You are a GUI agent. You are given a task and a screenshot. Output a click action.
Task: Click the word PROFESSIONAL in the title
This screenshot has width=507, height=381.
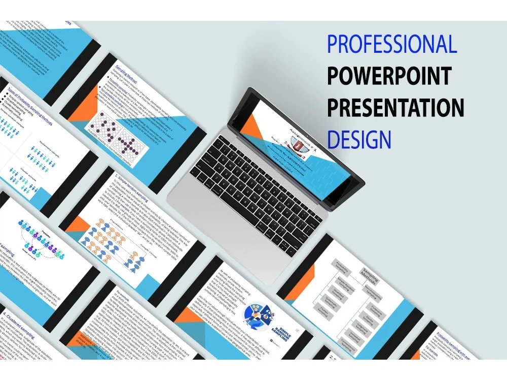click(x=392, y=44)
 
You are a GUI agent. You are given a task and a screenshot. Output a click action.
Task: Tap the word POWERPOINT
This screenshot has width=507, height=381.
click(x=389, y=76)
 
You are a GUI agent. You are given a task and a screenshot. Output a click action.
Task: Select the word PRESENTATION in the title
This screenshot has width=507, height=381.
click(x=395, y=107)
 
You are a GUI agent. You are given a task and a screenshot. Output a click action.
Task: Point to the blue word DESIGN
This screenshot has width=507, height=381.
click(x=359, y=138)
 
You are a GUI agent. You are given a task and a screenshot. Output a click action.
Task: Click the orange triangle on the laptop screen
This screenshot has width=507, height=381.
click(x=250, y=127)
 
